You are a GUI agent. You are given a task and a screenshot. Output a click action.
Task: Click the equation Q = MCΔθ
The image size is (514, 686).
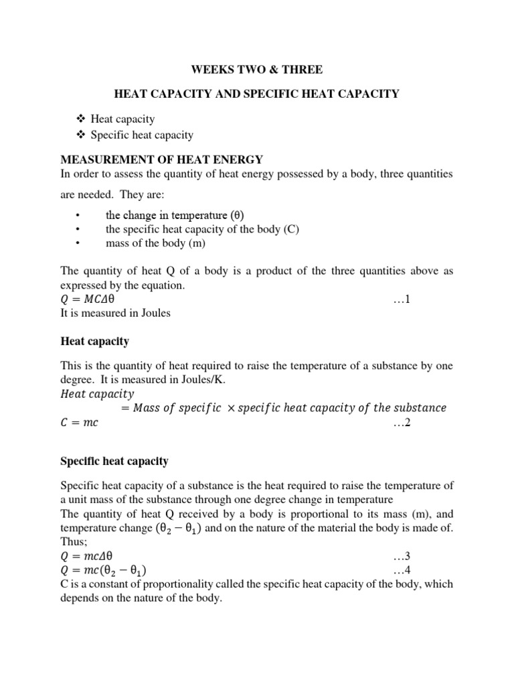pos(92,299)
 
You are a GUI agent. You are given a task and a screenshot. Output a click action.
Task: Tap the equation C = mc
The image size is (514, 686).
pos(80,422)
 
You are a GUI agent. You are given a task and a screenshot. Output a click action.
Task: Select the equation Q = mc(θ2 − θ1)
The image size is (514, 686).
pos(104,570)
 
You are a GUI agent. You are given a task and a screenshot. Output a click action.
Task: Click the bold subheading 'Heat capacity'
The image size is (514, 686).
pos(94,342)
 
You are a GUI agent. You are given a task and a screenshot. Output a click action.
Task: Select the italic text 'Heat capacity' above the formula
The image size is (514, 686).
pos(97,394)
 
